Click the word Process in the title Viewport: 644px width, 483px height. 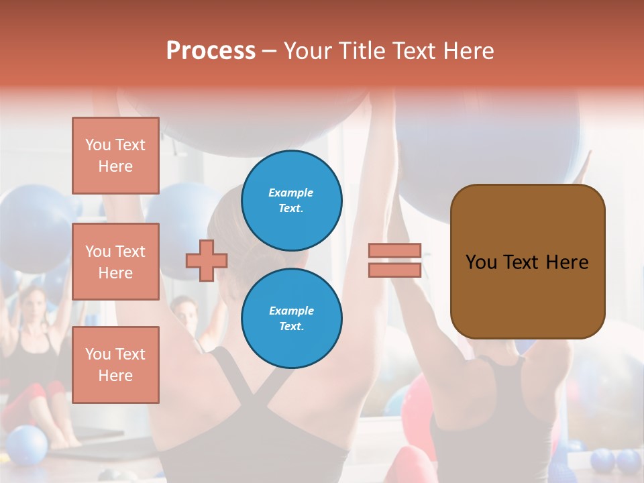point(211,51)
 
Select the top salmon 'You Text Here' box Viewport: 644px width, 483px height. point(115,156)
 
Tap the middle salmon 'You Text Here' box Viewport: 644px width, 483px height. point(115,262)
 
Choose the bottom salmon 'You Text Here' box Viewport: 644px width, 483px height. point(115,365)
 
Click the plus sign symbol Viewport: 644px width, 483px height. point(207,260)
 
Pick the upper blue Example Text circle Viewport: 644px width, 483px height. point(292,201)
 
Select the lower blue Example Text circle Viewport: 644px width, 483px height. point(292,319)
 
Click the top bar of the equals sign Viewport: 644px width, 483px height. point(394,251)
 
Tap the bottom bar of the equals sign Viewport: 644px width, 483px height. point(394,270)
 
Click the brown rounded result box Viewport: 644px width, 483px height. point(527,262)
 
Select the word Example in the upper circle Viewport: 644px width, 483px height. point(291,193)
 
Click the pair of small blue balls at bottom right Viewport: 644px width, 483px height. point(616,462)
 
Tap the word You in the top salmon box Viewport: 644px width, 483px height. point(98,145)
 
